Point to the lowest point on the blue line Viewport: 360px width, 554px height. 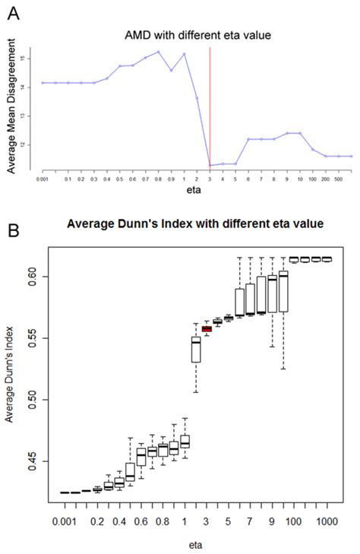point(210,165)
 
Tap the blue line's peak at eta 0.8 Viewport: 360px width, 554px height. point(158,52)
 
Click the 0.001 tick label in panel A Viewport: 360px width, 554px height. point(42,180)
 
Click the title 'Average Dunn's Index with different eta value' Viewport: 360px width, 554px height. point(194,223)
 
